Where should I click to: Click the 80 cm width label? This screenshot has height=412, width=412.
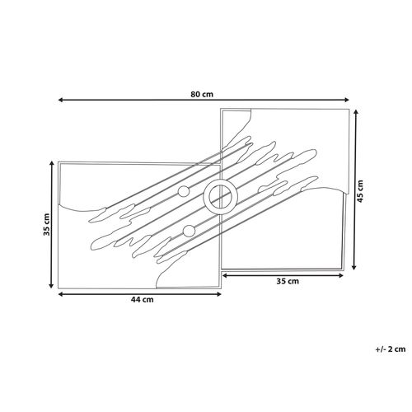(202, 95)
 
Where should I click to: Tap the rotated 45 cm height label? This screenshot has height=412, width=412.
(360, 191)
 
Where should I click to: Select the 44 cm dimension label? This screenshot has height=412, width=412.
(142, 300)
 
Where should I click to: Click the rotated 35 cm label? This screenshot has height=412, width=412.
(47, 224)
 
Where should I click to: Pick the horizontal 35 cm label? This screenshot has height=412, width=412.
(288, 281)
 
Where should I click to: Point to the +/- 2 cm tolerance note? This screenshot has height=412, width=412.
(391, 349)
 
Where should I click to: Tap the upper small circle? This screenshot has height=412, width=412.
(183, 191)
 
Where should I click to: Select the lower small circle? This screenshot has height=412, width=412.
(189, 231)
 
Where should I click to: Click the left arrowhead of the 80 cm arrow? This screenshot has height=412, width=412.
(61, 101)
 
